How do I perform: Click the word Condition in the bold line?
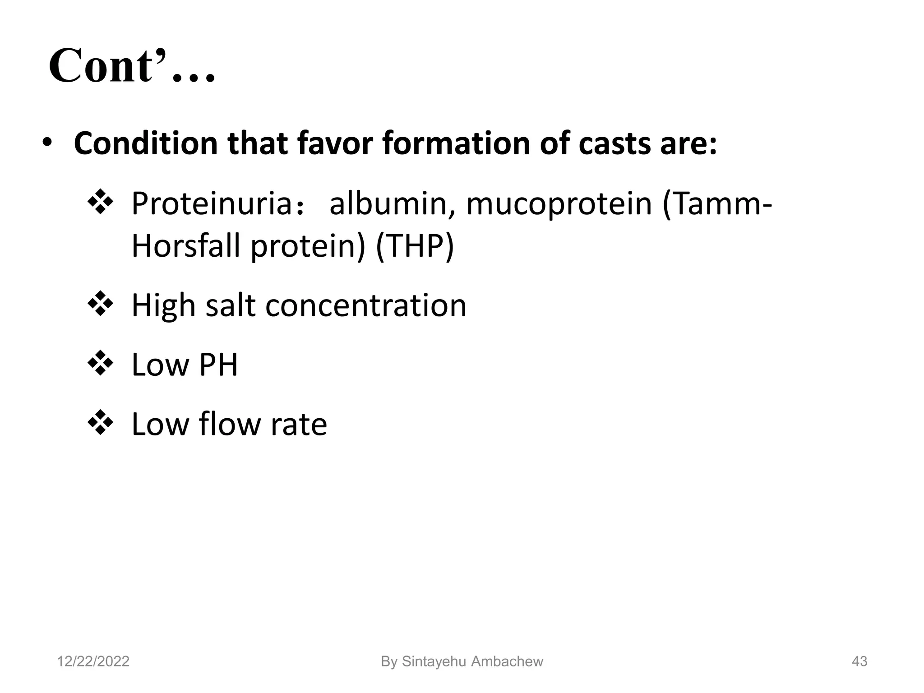(x=145, y=143)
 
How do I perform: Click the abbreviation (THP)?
(x=415, y=246)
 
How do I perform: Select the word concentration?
(x=365, y=305)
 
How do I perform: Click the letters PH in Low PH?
(x=218, y=365)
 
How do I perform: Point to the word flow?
(x=231, y=424)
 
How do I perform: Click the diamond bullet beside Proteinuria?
(x=100, y=202)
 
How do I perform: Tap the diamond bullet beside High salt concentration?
(x=100, y=304)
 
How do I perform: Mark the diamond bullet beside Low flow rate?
(x=100, y=423)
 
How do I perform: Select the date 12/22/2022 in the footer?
(x=93, y=661)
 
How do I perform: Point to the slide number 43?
(x=859, y=661)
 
